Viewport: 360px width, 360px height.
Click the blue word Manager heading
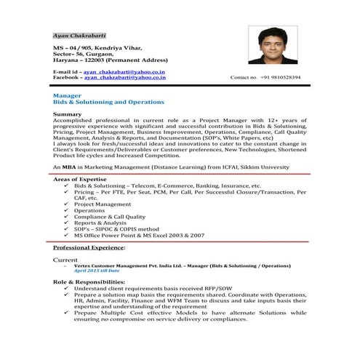[x=67, y=95]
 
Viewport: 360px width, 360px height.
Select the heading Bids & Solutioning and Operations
[x=109, y=103]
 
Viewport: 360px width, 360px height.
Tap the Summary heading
[x=68, y=115]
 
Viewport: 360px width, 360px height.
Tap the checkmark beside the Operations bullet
[x=67, y=212]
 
